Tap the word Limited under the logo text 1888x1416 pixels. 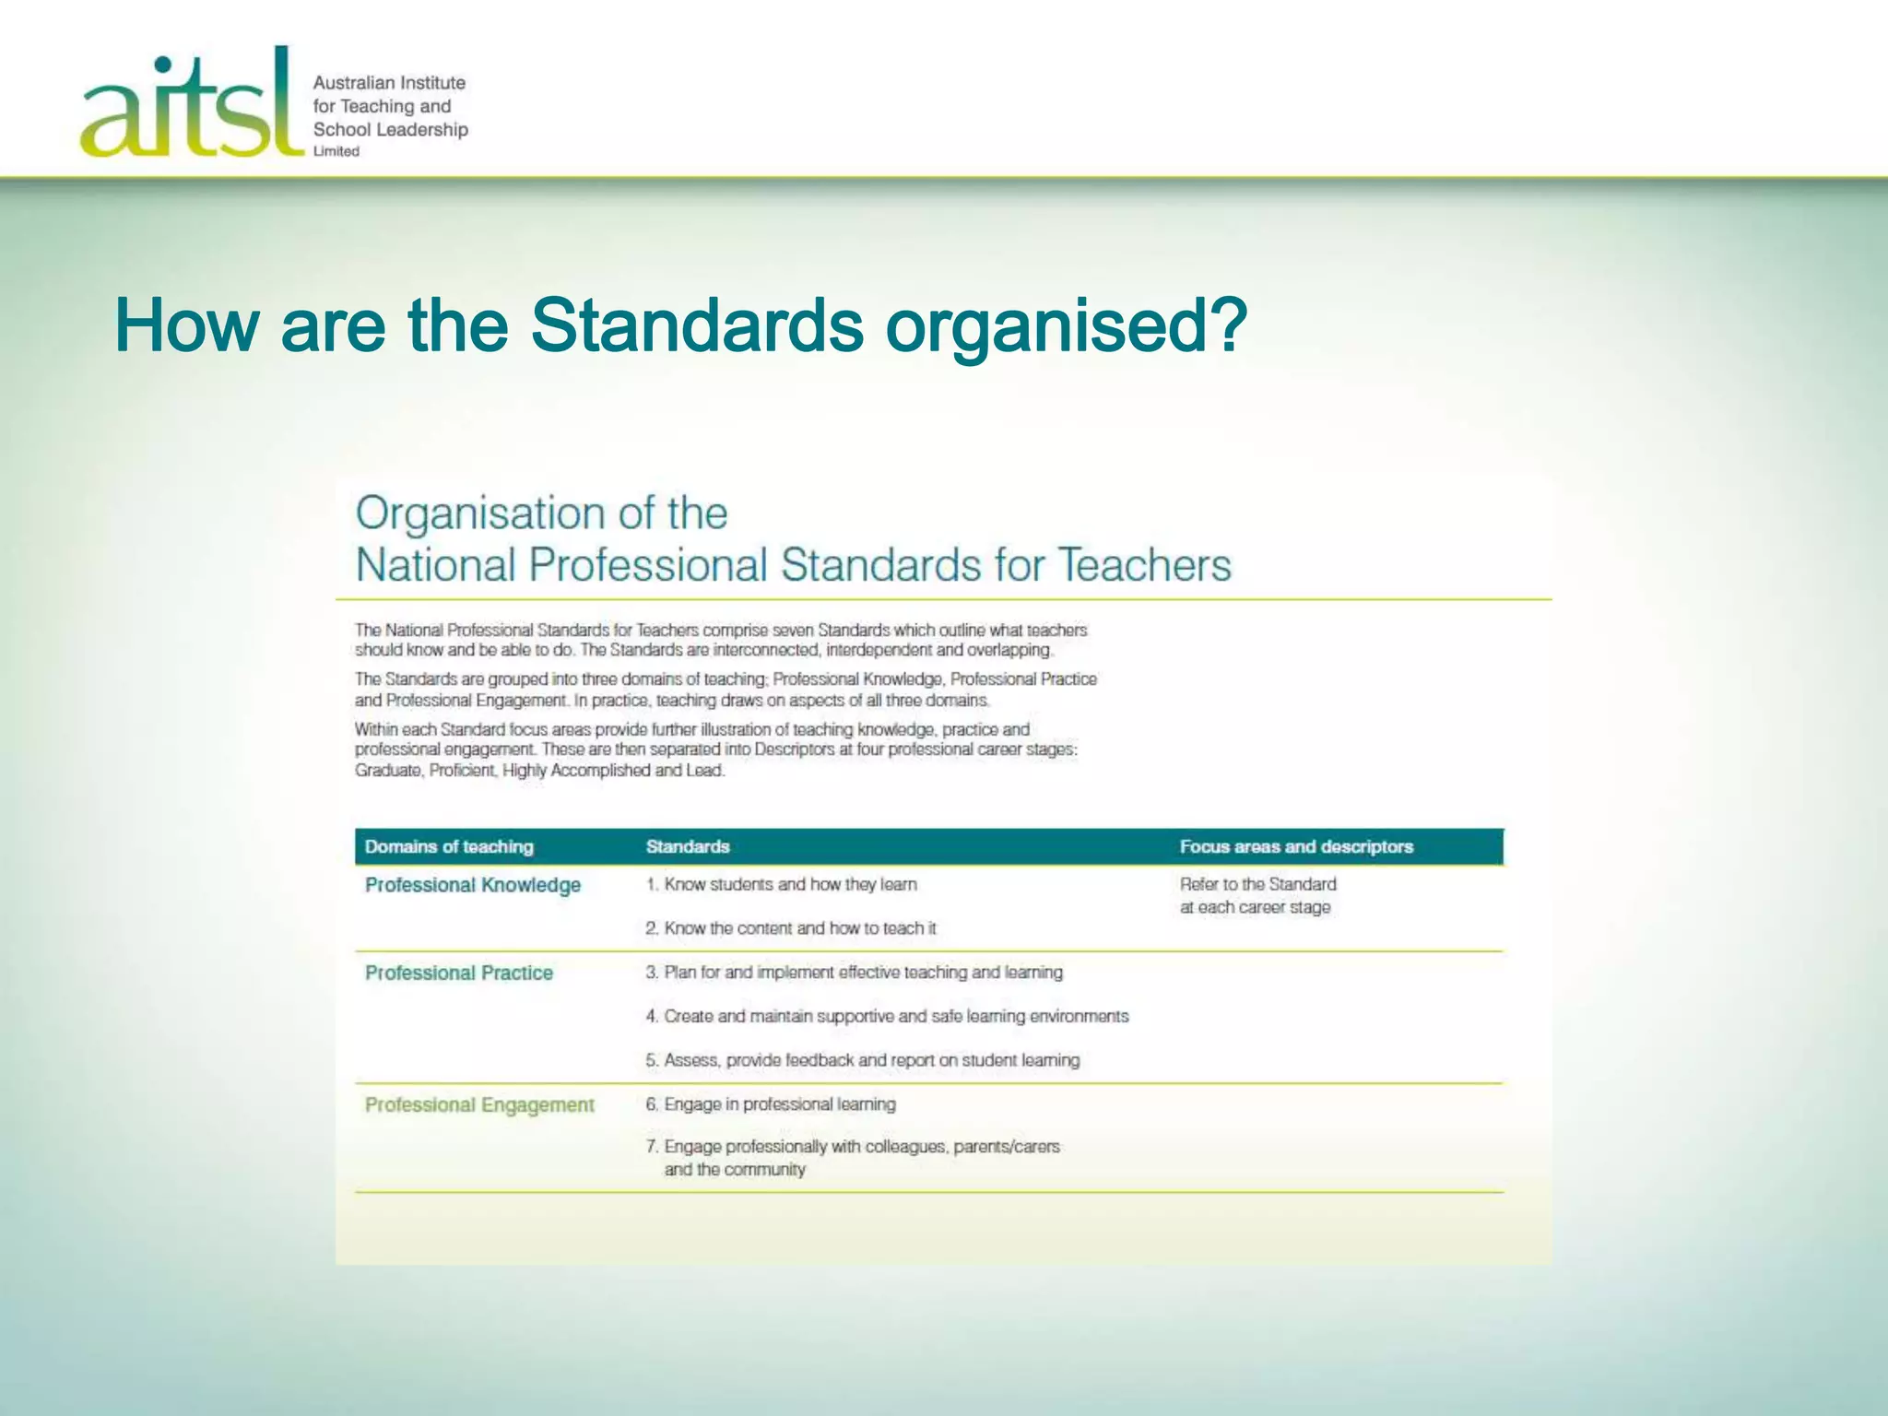(336, 151)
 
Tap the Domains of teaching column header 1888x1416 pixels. (449, 846)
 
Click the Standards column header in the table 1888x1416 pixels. (688, 846)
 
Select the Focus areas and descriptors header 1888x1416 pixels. (1295, 846)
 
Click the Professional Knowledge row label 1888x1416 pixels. (473, 885)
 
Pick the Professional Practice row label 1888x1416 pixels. (459, 973)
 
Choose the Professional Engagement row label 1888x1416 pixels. (479, 1104)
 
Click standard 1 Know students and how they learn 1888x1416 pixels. (782, 884)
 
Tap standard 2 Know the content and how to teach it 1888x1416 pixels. (791, 928)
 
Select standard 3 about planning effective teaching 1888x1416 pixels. (854, 972)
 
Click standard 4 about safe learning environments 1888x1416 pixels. (887, 1016)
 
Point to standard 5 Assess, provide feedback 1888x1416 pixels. (862, 1060)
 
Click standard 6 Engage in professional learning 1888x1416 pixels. (771, 1103)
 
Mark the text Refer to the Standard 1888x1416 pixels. (1257, 884)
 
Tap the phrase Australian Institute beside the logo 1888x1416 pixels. (389, 83)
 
